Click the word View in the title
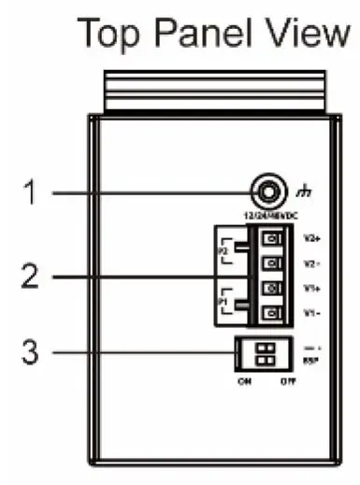tap(306, 35)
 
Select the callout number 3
tap(30, 353)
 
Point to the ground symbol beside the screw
tap(300, 194)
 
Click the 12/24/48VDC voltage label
tap(267, 217)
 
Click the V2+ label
tap(312, 237)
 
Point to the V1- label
tap(311, 314)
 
